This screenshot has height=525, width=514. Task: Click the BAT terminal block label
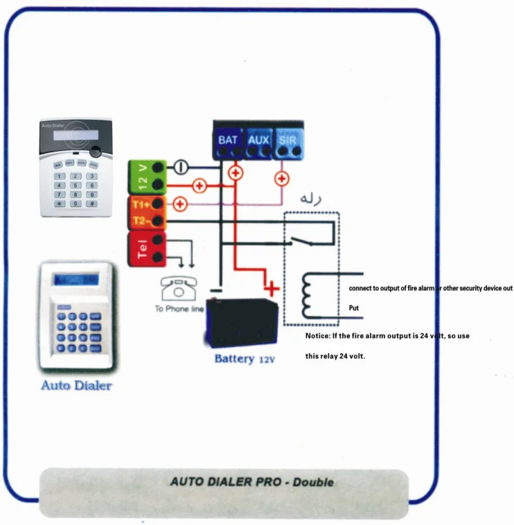[227, 139]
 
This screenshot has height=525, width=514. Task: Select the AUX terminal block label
[258, 139]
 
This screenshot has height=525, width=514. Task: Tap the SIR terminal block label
[287, 139]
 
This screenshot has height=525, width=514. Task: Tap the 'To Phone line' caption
[179, 308]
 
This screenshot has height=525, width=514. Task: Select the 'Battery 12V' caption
[245, 359]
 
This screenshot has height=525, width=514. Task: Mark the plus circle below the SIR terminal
[282, 178]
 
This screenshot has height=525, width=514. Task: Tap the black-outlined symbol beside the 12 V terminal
[179, 167]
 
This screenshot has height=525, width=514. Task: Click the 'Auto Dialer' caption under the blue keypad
[76, 385]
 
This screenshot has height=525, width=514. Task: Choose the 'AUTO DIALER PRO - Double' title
[251, 481]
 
